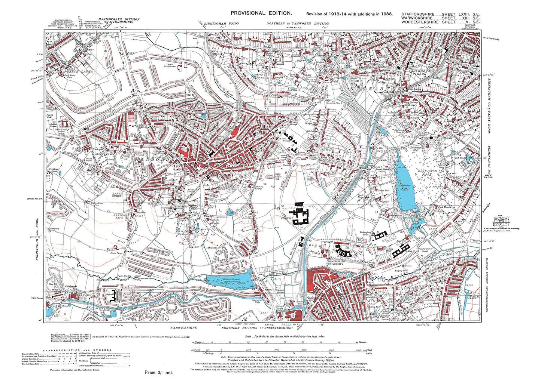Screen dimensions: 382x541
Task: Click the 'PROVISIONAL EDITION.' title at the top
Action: click(x=261, y=13)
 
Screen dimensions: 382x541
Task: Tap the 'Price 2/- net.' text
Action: click(x=159, y=373)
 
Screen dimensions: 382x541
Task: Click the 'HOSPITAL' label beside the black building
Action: click(x=286, y=218)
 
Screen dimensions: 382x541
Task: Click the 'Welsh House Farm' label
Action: click(x=100, y=204)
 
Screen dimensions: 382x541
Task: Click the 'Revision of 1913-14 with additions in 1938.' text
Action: click(x=349, y=14)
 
